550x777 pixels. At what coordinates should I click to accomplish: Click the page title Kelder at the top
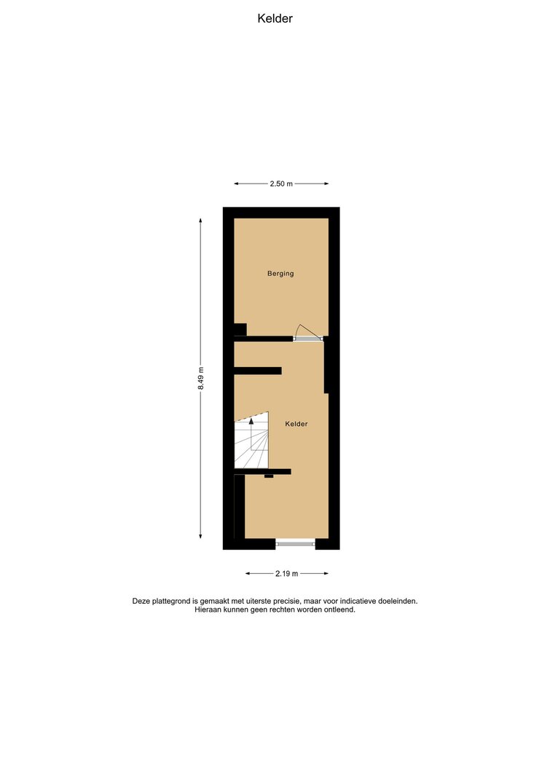point(275,18)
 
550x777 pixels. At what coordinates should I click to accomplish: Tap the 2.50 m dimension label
point(281,184)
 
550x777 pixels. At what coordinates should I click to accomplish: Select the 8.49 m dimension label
point(200,378)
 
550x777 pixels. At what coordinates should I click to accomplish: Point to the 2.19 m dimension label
point(286,574)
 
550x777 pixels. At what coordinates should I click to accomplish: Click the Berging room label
point(280,274)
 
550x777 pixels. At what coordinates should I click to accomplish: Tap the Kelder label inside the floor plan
point(296,424)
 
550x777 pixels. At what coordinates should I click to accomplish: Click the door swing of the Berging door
point(307,331)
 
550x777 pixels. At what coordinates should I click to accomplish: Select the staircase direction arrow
point(252,433)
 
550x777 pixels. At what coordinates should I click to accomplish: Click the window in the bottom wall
point(295,544)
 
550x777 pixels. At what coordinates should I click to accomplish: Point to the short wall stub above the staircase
point(258,371)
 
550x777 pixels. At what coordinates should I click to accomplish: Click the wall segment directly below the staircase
point(262,472)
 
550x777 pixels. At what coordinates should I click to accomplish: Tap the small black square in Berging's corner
point(240,330)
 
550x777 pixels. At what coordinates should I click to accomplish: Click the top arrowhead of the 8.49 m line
point(200,221)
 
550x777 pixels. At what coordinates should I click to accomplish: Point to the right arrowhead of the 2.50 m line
point(326,184)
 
